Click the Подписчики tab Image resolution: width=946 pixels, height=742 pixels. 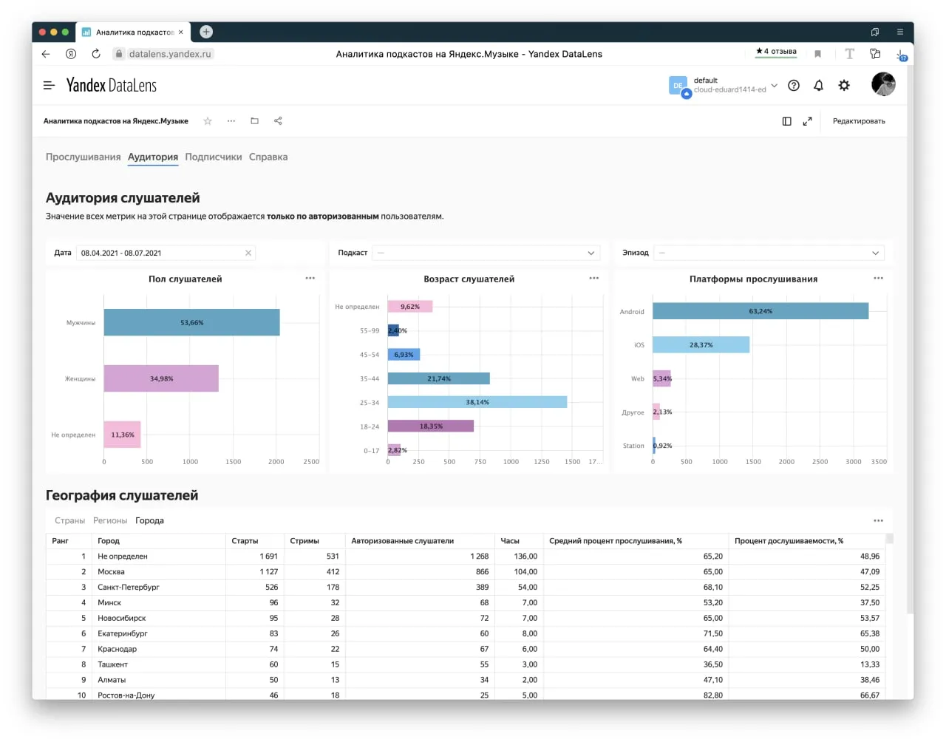click(x=214, y=157)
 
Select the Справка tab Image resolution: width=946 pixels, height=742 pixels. click(x=268, y=157)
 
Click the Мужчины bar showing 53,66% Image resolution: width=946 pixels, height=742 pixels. click(x=191, y=322)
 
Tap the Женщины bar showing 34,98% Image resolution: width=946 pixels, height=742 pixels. click(x=161, y=378)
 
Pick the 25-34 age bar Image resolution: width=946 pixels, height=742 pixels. click(x=477, y=402)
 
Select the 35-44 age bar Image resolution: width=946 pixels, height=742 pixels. click(x=439, y=378)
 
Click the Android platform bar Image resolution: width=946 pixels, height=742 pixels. click(x=760, y=310)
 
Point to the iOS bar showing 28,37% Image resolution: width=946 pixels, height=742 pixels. click(x=701, y=344)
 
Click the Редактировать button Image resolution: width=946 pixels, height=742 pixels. click(x=859, y=121)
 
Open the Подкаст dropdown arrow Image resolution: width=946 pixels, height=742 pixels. click(x=591, y=253)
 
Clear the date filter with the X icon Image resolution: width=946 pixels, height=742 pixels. click(x=248, y=253)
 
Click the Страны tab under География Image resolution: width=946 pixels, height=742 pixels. click(x=69, y=520)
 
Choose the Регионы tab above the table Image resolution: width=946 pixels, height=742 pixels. click(x=110, y=520)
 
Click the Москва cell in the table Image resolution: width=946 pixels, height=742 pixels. click(x=111, y=571)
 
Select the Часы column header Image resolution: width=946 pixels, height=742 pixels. click(x=510, y=540)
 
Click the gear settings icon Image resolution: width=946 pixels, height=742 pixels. click(x=844, y=85)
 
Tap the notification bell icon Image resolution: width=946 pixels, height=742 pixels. click(x=818, y=85)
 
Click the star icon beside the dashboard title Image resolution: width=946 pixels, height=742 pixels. click(x=208, y=121)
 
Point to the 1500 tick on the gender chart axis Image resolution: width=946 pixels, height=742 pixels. click(x=233, y=461)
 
